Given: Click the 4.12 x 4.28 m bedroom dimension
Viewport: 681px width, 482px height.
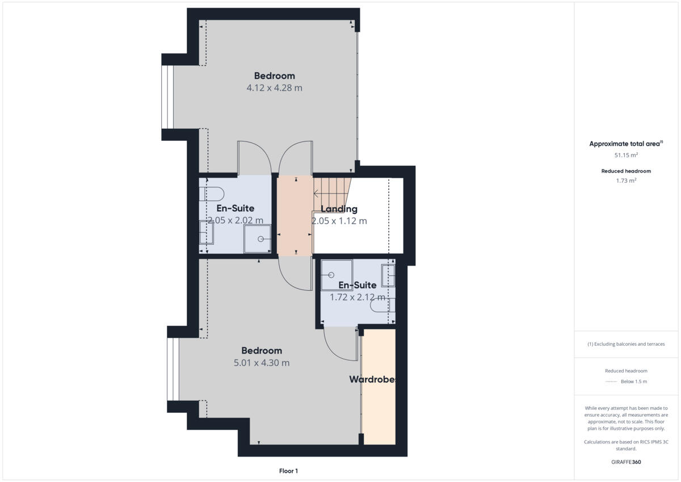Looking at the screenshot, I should (x=274, y=88).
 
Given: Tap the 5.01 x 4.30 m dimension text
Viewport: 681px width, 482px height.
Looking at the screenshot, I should (x=262, y=363).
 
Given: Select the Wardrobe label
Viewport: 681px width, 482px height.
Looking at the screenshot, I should (x=372, y=379).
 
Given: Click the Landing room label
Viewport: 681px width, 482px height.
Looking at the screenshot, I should (x=339, y=209).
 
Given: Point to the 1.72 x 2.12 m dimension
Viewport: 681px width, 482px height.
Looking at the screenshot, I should (x=358, y=297).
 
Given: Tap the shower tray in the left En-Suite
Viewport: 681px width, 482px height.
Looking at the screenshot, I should (x=258, y=239).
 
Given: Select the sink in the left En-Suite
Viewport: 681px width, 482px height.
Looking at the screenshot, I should (x=205, y=232).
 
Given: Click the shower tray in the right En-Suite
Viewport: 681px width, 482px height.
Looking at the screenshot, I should (x=336, y=275).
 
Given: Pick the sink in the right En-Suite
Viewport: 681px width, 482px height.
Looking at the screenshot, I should (x=389, y=275).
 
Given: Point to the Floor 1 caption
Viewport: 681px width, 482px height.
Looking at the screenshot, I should (x=288, y=471).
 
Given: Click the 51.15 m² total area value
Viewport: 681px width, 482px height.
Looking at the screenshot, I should (x=626, y=154).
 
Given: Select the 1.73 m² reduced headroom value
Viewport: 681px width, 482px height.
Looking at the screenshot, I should (x=626, y=181).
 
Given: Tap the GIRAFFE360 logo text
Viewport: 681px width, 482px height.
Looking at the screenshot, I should (x=626, y=462).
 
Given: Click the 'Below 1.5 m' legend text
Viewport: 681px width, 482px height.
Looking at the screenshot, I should (x=633, y=382).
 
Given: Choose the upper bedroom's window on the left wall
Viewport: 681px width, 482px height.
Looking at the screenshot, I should (x=167, y=97).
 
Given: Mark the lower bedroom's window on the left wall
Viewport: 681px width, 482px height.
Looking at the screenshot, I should (x=173, y=370).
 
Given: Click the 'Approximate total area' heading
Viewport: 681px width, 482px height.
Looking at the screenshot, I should (x=625, y=144).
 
